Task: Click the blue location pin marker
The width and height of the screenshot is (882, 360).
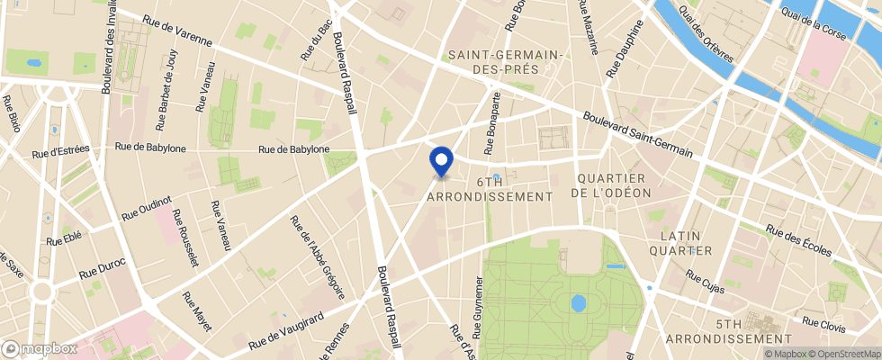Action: pos(441,161)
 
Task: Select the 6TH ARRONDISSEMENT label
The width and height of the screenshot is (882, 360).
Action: pos(489,188)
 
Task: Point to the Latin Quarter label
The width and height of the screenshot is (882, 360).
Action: pos(686,242)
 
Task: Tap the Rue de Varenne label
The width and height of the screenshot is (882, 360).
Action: pos(177,33)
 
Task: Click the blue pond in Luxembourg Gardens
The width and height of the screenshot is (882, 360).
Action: pos(578,303)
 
